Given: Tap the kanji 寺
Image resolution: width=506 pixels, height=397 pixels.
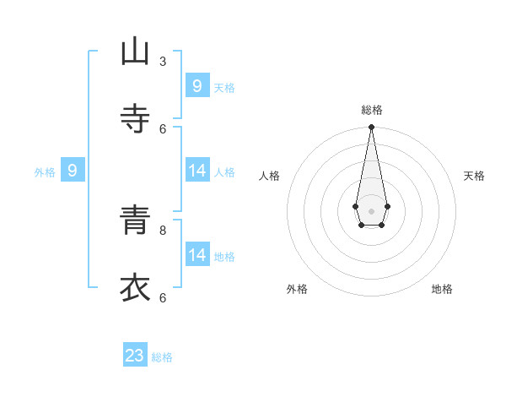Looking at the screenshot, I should point(135,119).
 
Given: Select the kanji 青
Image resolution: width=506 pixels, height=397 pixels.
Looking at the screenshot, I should point(135,220).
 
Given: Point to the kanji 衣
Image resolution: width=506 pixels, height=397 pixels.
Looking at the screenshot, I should point(135,288).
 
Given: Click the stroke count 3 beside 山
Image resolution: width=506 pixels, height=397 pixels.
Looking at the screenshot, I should point(163,61).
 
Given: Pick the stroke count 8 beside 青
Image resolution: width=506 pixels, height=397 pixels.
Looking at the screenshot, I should point(163,230).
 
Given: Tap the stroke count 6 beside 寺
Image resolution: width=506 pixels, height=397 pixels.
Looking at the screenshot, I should point(163,128).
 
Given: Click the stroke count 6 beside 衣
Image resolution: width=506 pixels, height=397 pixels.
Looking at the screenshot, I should point(163,297).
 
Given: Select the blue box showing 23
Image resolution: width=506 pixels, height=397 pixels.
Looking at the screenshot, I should point(135,356).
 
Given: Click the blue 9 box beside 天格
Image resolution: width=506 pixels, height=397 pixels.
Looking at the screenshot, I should point(196,85).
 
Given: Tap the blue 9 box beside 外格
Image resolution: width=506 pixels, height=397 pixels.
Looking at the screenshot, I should point(73,171).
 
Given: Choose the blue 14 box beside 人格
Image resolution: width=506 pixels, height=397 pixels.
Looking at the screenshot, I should point(196,171).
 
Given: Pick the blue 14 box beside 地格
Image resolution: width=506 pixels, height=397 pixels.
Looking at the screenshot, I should point(196,255).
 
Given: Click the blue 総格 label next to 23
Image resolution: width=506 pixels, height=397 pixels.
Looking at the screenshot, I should point(162,357).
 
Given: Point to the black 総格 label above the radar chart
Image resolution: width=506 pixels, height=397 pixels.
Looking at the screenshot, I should point(371,110).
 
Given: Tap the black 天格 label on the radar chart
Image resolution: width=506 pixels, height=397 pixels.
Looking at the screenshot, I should point(474,176).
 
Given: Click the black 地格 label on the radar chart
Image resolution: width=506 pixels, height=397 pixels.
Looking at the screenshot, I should point(442,289).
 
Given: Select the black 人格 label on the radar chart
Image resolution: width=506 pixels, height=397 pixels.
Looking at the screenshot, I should point(269,176).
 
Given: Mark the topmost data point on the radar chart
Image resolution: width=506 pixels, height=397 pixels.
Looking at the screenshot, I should point(371,127).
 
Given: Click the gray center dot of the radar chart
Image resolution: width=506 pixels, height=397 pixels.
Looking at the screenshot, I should point(371,210).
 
